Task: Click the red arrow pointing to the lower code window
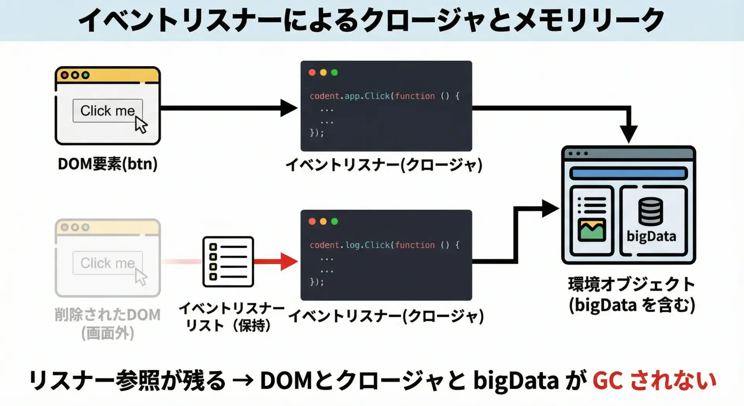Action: tap(276, 261)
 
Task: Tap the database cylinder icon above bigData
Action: tap(651, 211)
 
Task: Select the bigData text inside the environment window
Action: tap(651, 236)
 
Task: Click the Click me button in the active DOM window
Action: tap(108, 111)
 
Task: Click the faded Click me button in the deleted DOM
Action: tap(108, 263)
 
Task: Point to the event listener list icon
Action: tap(228, 262)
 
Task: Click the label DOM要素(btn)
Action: tap(108, 164)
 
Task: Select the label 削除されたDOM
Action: tap(108, 315)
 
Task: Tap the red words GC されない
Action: tap(654, 380)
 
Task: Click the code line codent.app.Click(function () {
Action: tap(384, 96)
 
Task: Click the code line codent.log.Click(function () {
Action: tap(384, 245)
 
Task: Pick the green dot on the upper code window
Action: tap(334, 73)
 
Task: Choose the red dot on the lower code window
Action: tap(312, 221)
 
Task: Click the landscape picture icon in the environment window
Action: tap(592, 230)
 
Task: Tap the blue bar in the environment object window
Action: tap(628, 173)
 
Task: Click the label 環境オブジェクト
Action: tap(632, 284)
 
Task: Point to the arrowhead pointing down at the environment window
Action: tap(629, 134)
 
